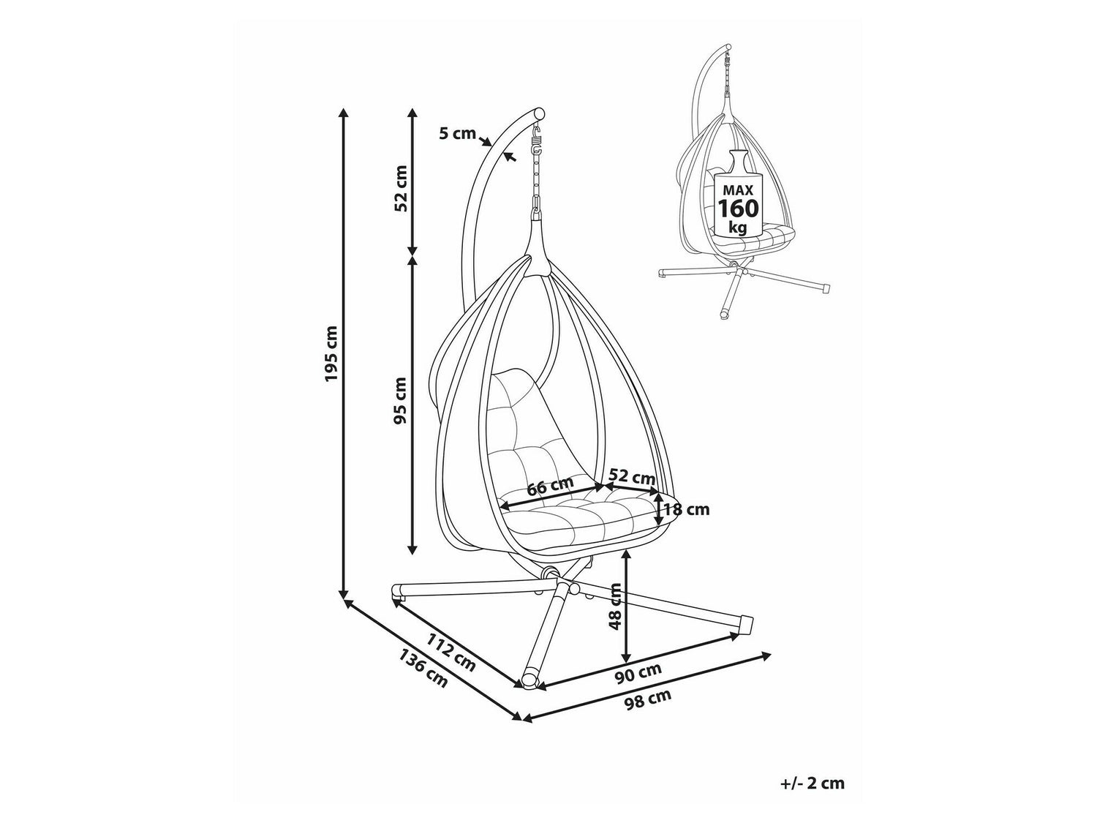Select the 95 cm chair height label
[x=400, y=400]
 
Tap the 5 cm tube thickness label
[x=457, y=134]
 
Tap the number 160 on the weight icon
[x=738, y=208]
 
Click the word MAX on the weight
[x=738, y=190]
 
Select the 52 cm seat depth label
[x=633, y=477]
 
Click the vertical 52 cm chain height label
[x=400, y=188]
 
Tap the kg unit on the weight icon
[x=738, y=228]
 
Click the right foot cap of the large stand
[x=746, y=625]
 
